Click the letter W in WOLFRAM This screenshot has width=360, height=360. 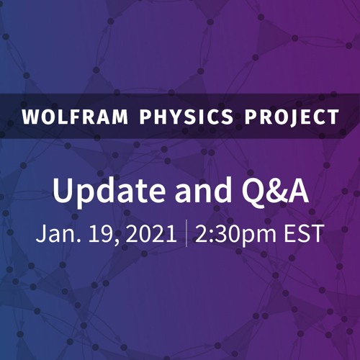click(29, 117)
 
